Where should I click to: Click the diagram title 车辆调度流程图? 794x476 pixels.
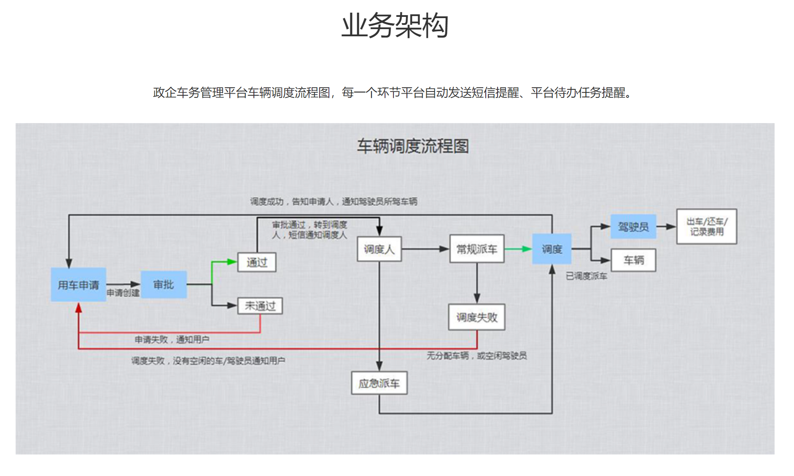click(x=412, y=146)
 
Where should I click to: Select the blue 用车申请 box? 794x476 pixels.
click(x=78, y=285)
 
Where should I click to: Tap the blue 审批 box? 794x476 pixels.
click(x=164, y=285)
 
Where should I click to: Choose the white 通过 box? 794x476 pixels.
click(x=257, y=262)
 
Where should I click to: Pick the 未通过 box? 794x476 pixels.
click(x=260, y=306)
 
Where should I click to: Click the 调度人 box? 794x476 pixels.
click(x=379, y=249)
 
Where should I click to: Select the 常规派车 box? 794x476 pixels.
click(x=477, y=249)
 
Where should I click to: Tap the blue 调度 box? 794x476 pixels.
click(x=552, y=249)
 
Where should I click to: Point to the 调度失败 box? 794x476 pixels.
click(x=477, y=317)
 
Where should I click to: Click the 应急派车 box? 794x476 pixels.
click(x=379, y=383)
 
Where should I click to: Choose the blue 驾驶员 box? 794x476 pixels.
click(x=633, y=227)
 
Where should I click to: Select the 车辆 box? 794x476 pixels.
click(x=633, y=260)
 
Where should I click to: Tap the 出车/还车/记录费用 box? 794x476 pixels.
click(x=707, y=226)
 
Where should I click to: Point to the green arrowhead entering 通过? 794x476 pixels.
click(x=232, y=262)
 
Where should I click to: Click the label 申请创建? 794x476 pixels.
click(x=123, y=293)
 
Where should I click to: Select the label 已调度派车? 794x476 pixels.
click(x=587, y=276)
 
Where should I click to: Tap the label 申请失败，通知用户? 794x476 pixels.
click(x=172, y=339)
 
